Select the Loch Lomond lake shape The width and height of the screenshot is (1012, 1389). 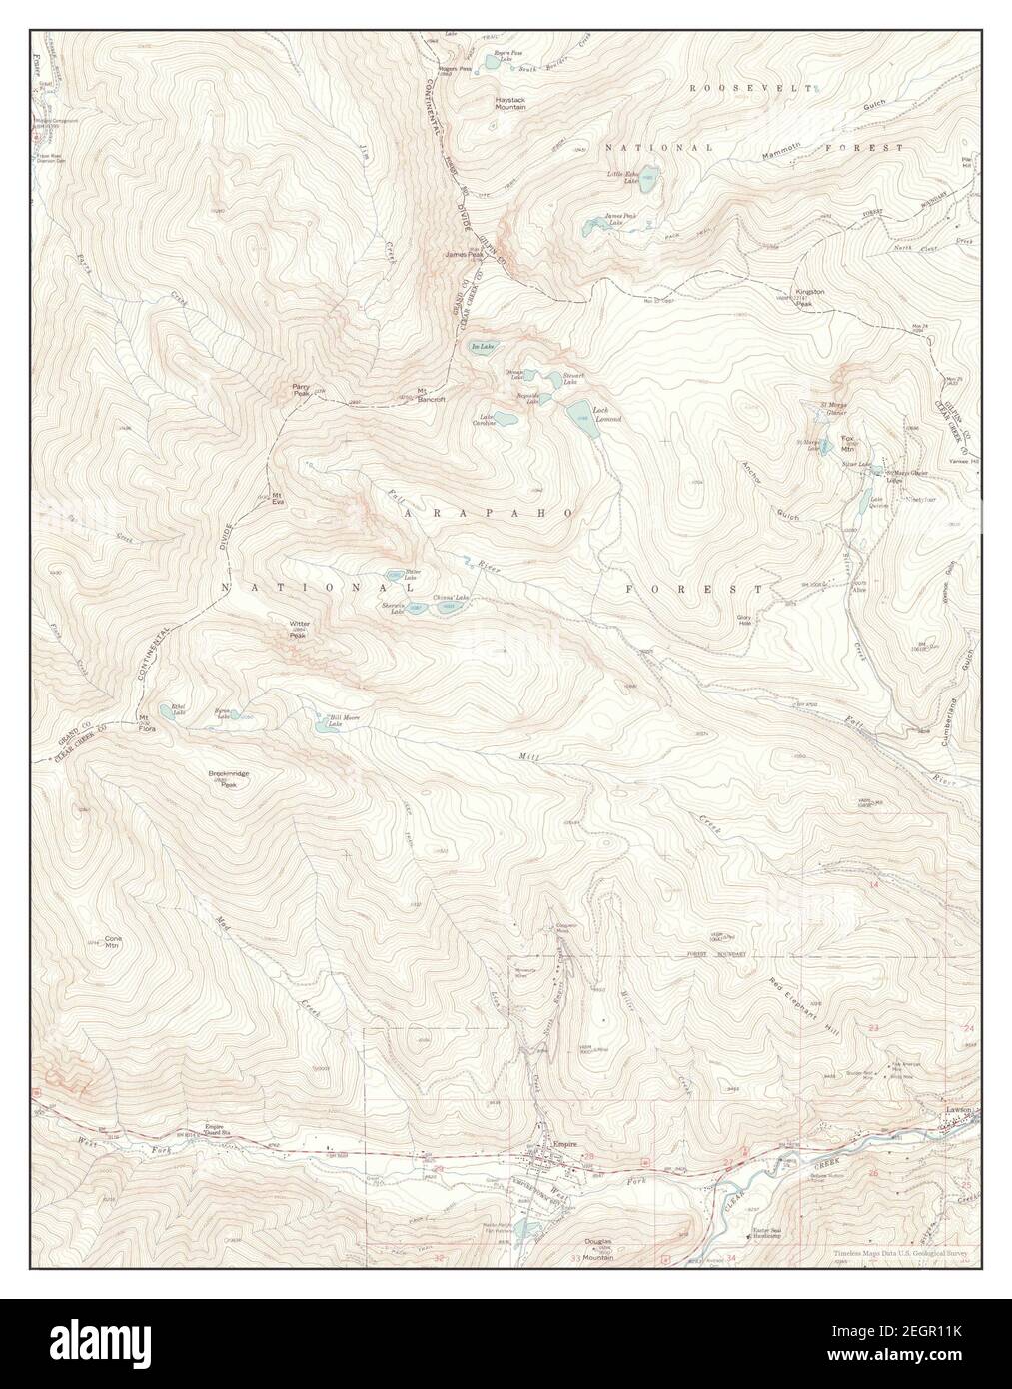579,412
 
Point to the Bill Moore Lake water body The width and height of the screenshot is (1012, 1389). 324,726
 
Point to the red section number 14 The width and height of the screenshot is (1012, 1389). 873,885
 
